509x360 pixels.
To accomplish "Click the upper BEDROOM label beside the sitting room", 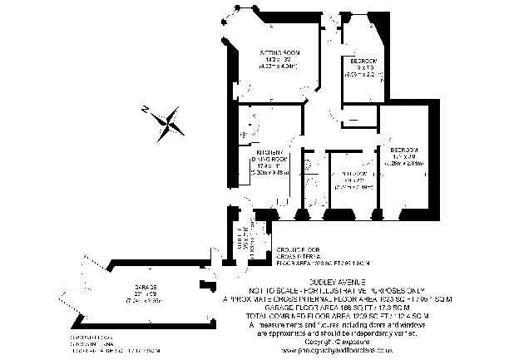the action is coord(361,61).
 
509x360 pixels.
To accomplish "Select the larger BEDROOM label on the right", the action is coord(405,149).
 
